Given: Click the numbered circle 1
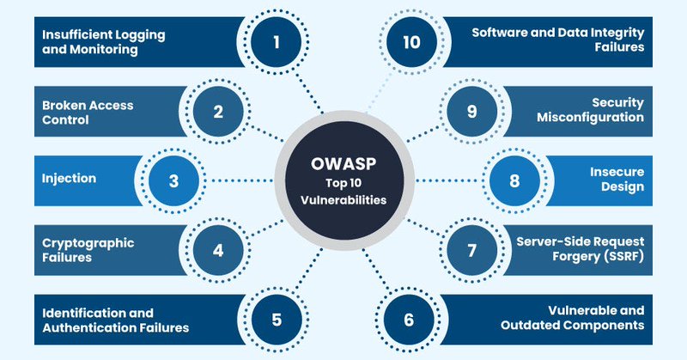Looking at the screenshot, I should pyautogui.click(x=277, y=40).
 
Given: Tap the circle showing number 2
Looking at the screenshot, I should pyautogui.click(x=218, y=111).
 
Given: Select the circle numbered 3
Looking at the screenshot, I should pyautogui.click(x=174, y=180).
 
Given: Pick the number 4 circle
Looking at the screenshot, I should pyautogui.click(x=218, y=251).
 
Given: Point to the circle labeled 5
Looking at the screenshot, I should pyautogui.click(x=277, y=320).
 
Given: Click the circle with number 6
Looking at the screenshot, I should pyautogui.click(x=409, y=320).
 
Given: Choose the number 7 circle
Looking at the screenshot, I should pyautogui.click(x=470, y=251).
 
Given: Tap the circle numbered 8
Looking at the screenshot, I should pyautogui.click(x=514, y=180).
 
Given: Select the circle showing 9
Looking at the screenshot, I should pyautogui.click(x=470, y=111).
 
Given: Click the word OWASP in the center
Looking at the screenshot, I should pyautogui.click(x=343, y=163).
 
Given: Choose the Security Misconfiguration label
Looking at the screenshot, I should pyautogui.click(x=590, y=111).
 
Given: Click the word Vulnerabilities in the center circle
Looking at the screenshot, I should pyautogui.click(x=343, y=200).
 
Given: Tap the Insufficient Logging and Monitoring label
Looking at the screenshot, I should pyautogui.click(x=103, y=40).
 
